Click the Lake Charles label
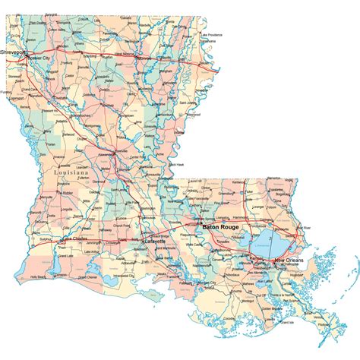click(x=75, y=239)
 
